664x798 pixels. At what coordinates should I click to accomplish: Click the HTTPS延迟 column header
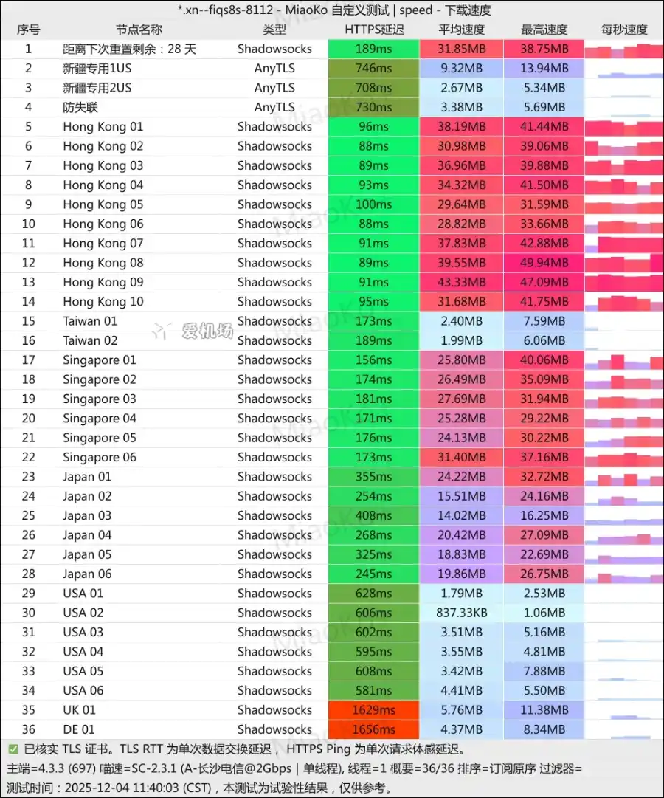point(374,30)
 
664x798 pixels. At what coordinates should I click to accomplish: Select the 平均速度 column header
point(462,30)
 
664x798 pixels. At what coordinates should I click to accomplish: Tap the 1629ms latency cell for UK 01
point(374,710)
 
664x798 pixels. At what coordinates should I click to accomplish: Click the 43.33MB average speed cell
point(462,282)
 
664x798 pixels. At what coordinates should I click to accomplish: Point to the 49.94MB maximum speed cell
point(544,263)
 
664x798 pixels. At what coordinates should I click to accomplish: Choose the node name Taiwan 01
point(90,321)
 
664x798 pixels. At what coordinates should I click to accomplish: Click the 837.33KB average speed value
point(462,613)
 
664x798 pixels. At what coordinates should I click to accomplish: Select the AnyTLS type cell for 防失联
point(274,107)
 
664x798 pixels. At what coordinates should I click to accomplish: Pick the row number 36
point(29,729)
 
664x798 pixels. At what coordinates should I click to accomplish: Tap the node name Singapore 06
point(100,457)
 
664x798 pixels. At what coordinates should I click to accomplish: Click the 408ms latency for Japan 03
point(374,515)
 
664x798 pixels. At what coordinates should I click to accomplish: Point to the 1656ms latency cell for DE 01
point(374,729)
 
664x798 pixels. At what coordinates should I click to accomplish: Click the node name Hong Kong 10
point(103,301)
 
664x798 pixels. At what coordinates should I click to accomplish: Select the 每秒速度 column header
point(624,30)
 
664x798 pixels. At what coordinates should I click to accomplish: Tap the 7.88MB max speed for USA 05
point(544,671)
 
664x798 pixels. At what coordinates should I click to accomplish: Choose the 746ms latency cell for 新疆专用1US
point(374,68)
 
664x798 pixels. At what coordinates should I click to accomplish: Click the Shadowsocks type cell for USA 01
point(274,594)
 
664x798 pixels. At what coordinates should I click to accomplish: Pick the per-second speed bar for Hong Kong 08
point(624,264)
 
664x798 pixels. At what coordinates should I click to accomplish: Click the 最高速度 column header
point(544,30)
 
